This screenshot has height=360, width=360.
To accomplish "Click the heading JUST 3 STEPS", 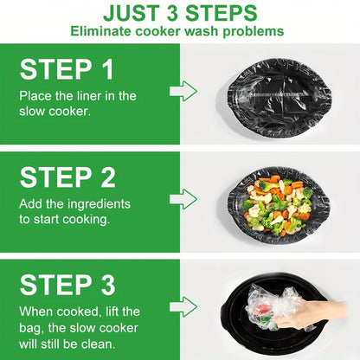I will click(x=180, y=13).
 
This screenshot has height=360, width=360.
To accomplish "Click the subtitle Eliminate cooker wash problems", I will click(x=180, y=31).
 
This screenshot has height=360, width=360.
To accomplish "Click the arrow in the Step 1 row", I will click(x=183, y=91).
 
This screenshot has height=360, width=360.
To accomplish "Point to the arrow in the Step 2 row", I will click(x=183, y=198).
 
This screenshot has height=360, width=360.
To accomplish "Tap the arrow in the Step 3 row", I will click(x=183, y=305).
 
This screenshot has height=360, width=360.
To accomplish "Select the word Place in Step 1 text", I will click(x=37, y=96).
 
